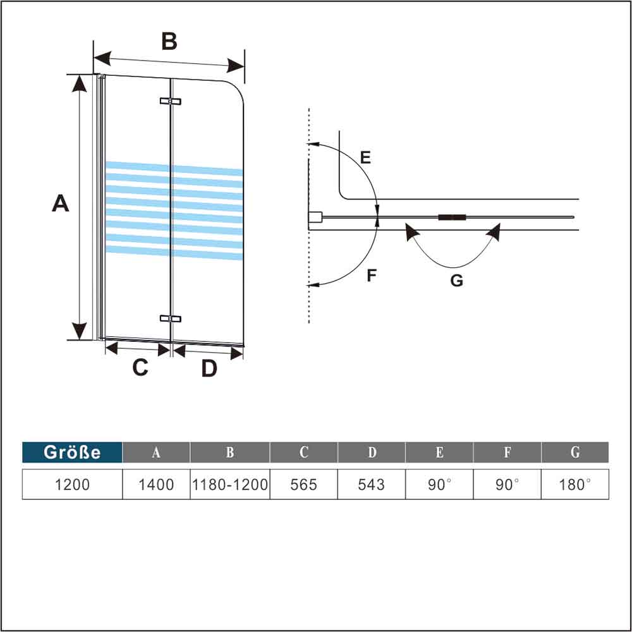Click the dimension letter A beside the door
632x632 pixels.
click(60, 204)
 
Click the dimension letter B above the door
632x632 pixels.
click(169, 41)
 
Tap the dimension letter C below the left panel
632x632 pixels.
click(140, 367)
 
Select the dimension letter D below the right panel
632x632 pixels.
click(209, 368)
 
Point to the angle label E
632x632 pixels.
click(365, 157)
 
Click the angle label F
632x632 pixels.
click(372, 276)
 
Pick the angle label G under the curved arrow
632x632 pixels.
click(456, 281)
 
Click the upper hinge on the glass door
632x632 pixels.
click(171, 101)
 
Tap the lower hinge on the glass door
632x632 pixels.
click(171, 319)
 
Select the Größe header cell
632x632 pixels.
click(72, 453)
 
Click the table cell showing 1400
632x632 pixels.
click(156, 485)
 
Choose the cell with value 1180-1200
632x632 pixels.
click(230, 485)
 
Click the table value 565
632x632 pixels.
click(304, 485)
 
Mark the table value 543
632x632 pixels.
click(372, 485)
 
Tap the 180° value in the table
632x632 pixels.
click(575, 485)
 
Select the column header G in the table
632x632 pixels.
click(575, 453)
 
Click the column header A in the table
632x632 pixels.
click(156, 453)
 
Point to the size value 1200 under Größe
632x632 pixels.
click(72, 485)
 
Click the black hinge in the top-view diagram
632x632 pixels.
click(452, 217)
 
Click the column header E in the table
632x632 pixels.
click(439, 453)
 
